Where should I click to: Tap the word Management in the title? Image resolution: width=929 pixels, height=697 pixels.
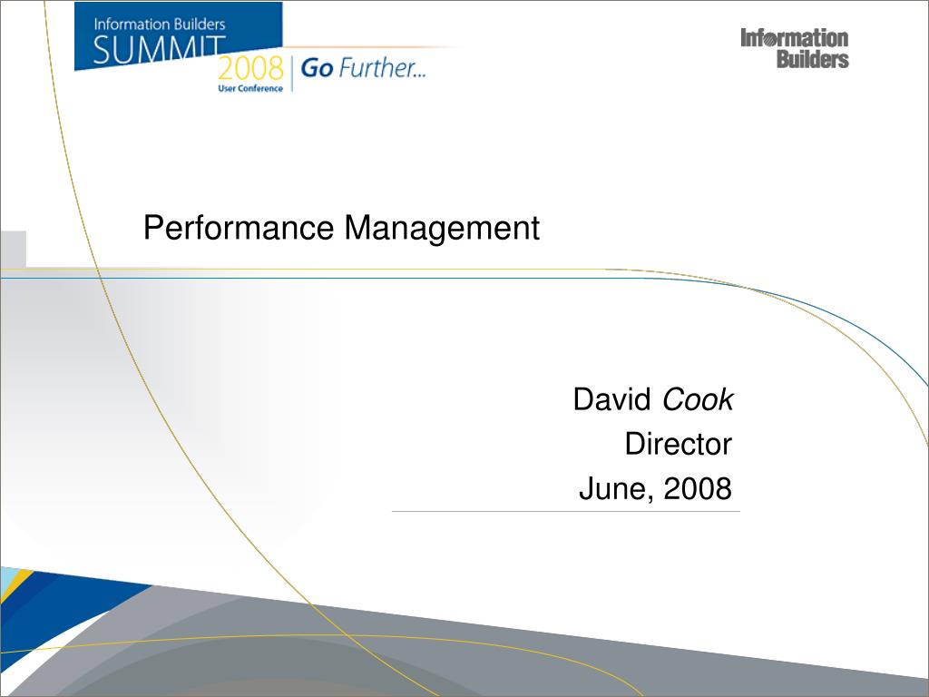pos(442,228)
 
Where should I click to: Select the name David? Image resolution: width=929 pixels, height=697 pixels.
pos(612,399)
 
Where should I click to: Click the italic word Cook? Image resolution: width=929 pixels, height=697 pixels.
pos(698,399)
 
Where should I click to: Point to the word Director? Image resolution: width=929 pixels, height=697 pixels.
pos(678,444)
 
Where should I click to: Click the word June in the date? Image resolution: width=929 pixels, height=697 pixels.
pos(615,489)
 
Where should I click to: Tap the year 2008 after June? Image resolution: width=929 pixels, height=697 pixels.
pos(698,489)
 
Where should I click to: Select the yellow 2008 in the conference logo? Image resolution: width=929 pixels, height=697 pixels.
pos(249,68)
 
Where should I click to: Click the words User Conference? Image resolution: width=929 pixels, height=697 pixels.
pos(249,88)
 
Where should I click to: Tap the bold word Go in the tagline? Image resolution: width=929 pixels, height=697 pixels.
pos(317,69)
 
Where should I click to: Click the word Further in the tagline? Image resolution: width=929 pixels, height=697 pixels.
pos(381,69)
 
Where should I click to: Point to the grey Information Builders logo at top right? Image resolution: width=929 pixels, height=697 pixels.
pos(795,49)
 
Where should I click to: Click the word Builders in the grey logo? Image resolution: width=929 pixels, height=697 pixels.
pos(813,60)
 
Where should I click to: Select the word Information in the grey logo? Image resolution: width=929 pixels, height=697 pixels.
pos(795,38)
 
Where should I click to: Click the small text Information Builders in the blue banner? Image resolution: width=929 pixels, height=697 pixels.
pos(160,25)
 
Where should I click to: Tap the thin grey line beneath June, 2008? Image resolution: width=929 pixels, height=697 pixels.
pos(565,512)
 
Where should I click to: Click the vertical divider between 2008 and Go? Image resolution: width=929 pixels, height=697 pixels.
pos(292,72)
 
